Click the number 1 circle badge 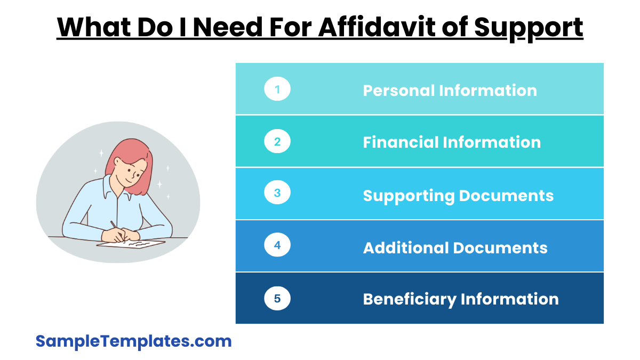tap(277, 89)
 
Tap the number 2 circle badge tap(277, 141)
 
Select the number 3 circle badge tap(277, 193)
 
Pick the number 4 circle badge tap(277, 245)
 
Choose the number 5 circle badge tap(277, 298)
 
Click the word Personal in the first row tap(399, 91)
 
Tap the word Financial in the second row tap(401, 142)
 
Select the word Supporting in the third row tap(409, 196)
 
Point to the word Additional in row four tap(406, 247)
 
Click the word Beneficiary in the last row tap(410, 300)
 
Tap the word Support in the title tap(529, 29)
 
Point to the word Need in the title tap(228, 27)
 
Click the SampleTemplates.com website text tap(133, 341)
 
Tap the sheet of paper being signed tap(131, 244)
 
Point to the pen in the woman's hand tap(117, 231)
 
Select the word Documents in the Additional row tap(500, 247)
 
